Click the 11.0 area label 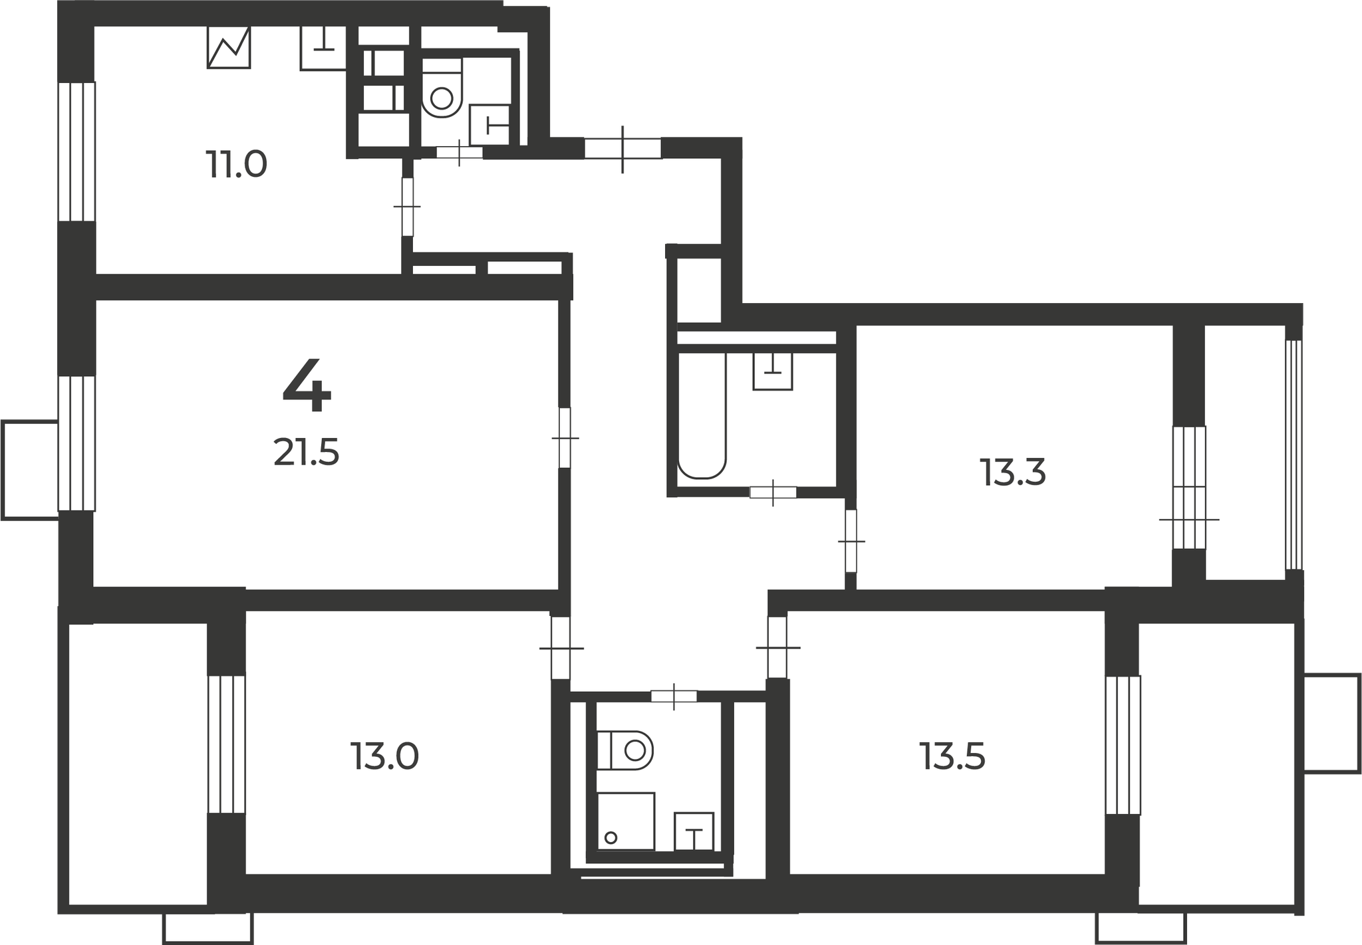point(236,165)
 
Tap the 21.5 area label point(307,453)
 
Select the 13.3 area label point(1013,473)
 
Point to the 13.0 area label point(385,757)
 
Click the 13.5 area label point(952,757)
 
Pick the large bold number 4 point(307,385)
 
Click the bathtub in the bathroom point(702,415)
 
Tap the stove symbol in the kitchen point(229,47)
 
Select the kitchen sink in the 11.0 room point(323,48)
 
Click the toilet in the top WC point(442,87)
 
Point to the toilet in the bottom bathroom point(625,751)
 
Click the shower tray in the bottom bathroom point(626,821)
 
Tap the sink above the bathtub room point(773,371)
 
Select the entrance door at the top point(622,148)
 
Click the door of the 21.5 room point(565,438)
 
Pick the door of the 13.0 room point(561,648)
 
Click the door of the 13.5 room point(777,647)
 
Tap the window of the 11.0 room point(77,151)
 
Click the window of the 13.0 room point(227,744)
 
